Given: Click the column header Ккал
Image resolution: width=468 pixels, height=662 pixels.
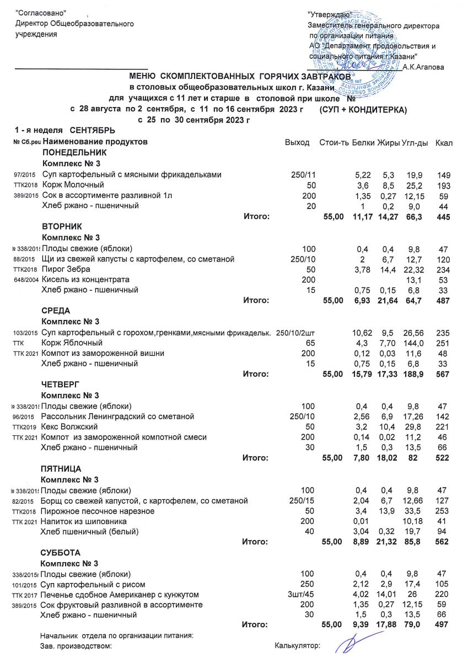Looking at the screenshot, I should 443,143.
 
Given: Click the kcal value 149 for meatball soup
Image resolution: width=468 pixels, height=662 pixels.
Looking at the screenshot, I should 444,175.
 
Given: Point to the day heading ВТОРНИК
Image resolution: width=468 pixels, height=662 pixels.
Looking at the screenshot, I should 62,227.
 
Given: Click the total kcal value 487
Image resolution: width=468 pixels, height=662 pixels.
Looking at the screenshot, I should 443,301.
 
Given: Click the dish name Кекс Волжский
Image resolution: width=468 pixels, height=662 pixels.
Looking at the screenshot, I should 71,427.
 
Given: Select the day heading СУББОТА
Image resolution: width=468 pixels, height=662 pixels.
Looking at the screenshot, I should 61,553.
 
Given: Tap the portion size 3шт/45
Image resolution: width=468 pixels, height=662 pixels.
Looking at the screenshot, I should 301,595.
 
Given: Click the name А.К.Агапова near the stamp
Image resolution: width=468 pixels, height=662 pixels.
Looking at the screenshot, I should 424,67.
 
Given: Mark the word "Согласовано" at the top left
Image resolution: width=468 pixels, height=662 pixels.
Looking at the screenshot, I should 41,13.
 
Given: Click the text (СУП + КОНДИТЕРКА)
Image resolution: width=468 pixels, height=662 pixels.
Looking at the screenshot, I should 363,110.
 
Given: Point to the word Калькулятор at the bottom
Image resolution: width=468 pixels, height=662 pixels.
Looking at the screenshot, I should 297,645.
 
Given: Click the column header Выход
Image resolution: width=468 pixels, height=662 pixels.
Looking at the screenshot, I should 297,143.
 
